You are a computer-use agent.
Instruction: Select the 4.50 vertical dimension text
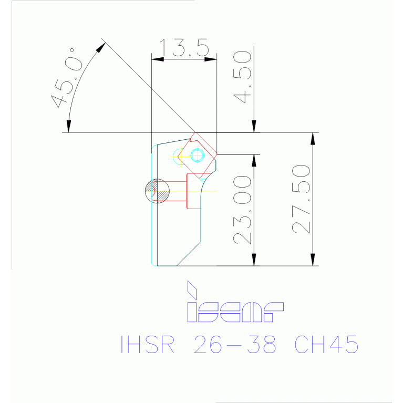tap(242, 77)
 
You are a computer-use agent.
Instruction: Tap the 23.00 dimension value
tap(242, 210)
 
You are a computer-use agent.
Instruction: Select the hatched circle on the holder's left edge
tap(157, 190)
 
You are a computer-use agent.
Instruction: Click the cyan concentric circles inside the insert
tap(198, 155)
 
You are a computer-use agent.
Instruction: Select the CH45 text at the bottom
tap(326, 345)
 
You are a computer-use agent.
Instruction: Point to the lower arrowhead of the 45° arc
tap(68, 126)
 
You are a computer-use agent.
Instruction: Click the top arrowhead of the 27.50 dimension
tap(313, 138)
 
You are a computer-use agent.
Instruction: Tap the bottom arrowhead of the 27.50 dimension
tap(313, 261)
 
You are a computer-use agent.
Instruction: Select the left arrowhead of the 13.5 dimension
tap(157, 59)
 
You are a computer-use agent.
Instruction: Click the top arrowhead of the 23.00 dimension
tap(254, 159)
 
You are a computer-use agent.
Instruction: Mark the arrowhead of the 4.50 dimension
tap(254, 127)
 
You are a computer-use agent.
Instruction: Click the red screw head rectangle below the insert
tap(194, 191)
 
